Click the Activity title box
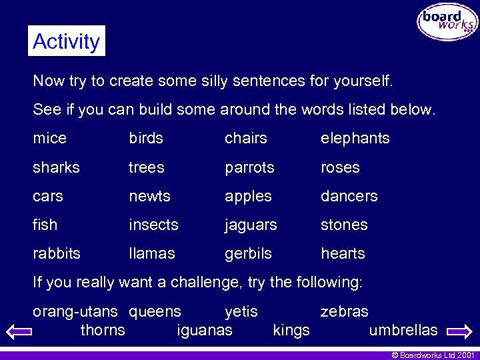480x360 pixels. coord(67,41)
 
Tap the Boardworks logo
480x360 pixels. coord(447,21)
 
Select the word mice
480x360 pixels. coord(50,139)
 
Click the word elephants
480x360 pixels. coord(355,139)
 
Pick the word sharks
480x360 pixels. coord(56,167)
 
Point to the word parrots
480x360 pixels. coord(249,167)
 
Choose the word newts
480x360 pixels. coord(149,197)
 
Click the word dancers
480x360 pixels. coord(349,196)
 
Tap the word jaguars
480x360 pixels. coord(251,225)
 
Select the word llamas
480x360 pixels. coord(151,254)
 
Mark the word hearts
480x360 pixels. coord(343,254)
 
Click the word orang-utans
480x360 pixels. coord(75,311)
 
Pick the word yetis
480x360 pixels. coord(241,311)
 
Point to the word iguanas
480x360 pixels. coord(205,330)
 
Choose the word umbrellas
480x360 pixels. coord(403,330)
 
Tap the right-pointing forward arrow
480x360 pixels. coord(459,331)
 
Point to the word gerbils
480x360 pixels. coord(248,254)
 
